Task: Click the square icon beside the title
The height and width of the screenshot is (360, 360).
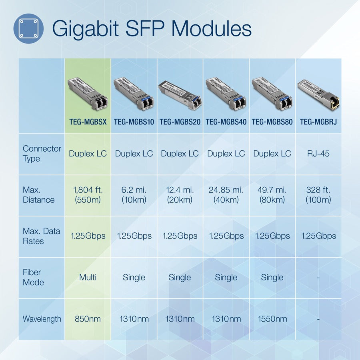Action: click(28, 28)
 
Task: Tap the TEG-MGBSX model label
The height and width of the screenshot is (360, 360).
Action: click(88, 122)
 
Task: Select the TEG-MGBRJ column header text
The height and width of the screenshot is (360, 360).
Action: click(318, 122)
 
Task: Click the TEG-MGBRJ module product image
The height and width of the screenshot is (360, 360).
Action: click(318, 94)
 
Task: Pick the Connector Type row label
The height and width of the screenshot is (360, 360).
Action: click(42, 154)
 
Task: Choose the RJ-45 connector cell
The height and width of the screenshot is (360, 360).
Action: click(318, 154)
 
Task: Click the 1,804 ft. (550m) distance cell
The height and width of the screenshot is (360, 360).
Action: click(88, 195)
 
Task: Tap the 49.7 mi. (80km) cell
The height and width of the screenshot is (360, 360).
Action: click(272, 195)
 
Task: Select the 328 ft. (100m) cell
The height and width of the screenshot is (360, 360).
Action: click(318, 195)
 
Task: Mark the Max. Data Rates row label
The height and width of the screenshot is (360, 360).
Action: click(42, 236)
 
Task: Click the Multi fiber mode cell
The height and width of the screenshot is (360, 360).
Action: click(88, 277)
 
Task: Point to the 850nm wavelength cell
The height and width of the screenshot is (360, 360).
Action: click(88, 319)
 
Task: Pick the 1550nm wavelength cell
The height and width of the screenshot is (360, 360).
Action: click(272, 319)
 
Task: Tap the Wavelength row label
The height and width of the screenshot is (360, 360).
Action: click(42, 319)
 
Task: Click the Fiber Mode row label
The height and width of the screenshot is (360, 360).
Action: click(33, 277)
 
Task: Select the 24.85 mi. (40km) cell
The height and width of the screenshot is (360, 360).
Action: click(226, 195)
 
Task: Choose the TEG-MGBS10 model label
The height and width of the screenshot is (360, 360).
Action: click(134, 122)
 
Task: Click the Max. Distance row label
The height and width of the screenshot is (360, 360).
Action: click(38, 195)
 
